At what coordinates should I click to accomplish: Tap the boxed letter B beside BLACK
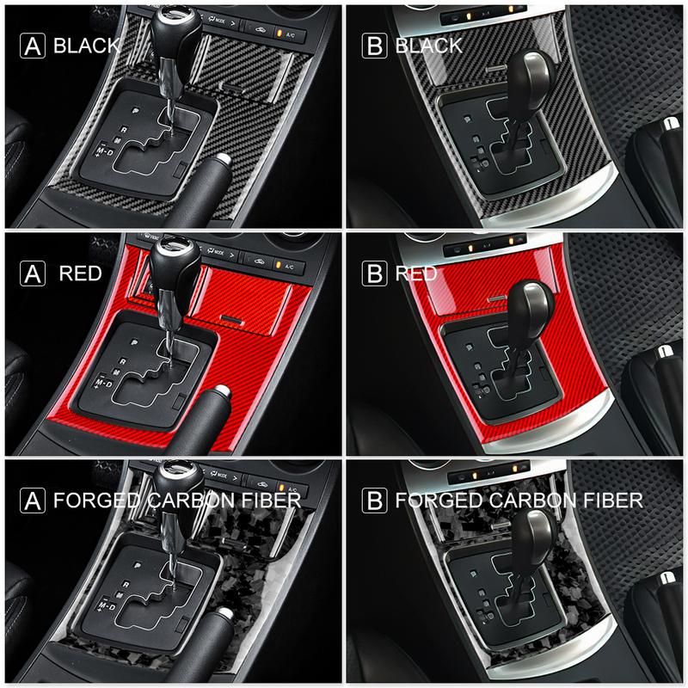375,45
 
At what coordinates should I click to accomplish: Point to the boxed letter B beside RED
375,274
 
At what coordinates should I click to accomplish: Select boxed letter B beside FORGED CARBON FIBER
375,501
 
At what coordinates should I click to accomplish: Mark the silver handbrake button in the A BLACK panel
223,160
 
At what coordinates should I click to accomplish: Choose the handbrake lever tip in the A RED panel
218,395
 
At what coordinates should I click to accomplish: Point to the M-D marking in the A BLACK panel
104,151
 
